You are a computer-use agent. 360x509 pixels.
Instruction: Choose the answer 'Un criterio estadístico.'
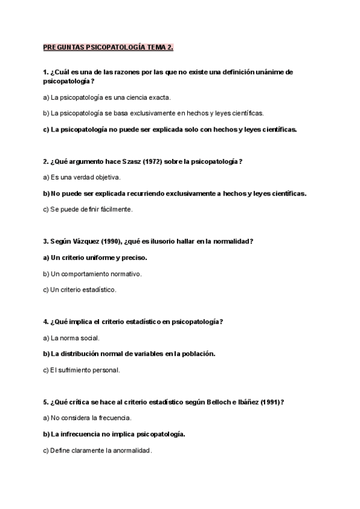(x=80, y=290)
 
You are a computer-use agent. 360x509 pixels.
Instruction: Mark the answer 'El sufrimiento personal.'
(x=82, y=370)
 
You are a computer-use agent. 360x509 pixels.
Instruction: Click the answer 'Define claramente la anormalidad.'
(x=98, y=450)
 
